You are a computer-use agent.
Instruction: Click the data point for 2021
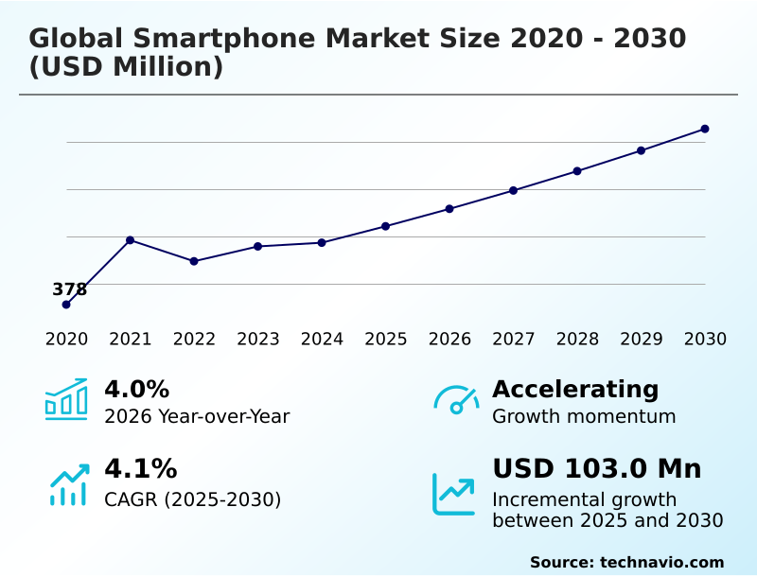coord(130,240)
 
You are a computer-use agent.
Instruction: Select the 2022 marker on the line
coord(194,261)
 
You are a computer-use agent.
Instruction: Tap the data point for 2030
coord(705,129)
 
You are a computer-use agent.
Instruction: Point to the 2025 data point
coord(385,226)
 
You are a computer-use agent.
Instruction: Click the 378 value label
coord(69,289)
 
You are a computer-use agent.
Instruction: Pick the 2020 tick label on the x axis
coord(66,340)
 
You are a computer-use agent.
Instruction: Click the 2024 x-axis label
coord(322,340)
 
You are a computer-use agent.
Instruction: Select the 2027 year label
coord(513,340)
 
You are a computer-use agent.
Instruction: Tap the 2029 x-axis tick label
coord(641,340)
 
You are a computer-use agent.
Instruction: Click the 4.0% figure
coord(136,390)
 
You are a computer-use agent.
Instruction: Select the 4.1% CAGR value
coord(140,469)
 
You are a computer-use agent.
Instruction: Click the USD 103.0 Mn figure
coord(596,469)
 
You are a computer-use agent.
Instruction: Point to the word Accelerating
coord(575,390)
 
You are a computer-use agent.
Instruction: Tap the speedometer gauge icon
coord(456,400)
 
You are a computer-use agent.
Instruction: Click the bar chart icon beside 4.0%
coord(66,400)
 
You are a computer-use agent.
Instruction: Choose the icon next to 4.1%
coord(68,484)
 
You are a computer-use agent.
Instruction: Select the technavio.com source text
coord(661,562)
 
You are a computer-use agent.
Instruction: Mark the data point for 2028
coord(577,171)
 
